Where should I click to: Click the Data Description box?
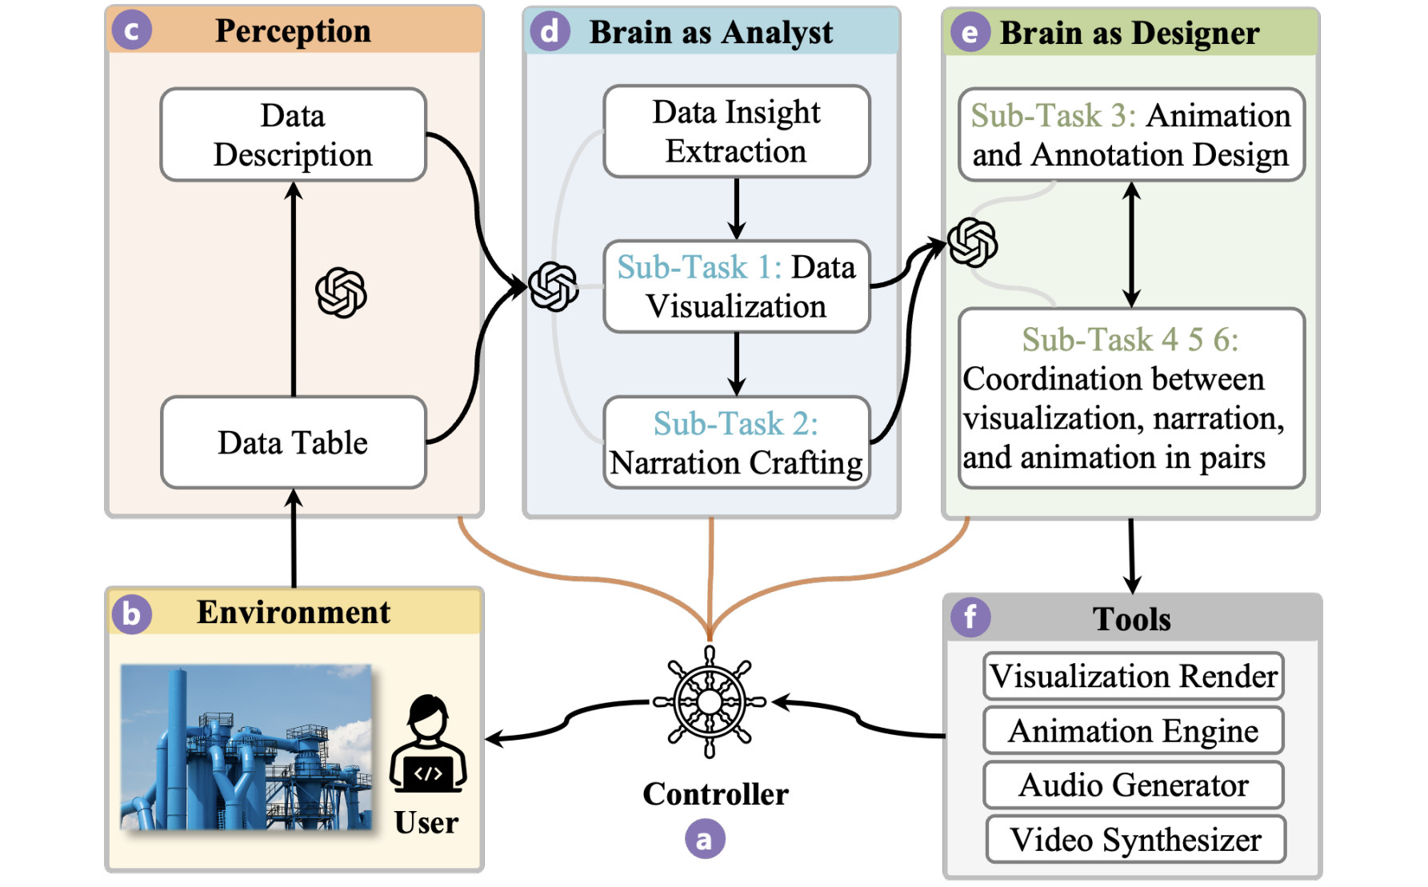coord(293,134)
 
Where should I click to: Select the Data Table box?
coord(293,442)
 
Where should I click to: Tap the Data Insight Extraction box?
coord(736,131)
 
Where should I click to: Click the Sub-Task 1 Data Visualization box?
coord(736,286)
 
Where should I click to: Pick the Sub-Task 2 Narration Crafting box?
coord(736,442)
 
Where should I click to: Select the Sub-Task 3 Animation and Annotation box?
coord(1131,134)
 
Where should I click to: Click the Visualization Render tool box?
coord(1133,677)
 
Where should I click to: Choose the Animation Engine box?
coord(1133,731)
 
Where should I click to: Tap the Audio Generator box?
coord(1133,785)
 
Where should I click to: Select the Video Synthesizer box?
coord(1134,840)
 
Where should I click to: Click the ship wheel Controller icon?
coord(709,702)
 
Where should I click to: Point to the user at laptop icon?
coord(428,744)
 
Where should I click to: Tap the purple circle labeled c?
coord(132,30)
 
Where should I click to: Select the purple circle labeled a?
coord(705,839)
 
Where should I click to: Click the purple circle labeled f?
coord(970,617)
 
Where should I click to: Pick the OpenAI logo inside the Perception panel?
coord(341,293)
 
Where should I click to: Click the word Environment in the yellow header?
coord(294,613)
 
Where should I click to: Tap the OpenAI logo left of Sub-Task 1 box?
coord(554,286)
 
